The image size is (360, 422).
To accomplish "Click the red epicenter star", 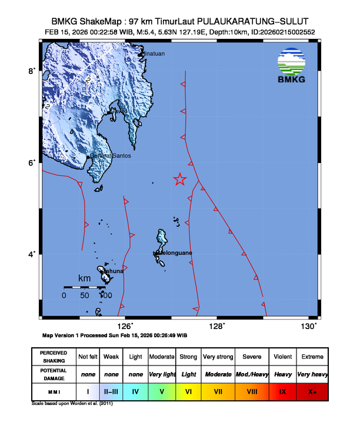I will (x=180, y=180).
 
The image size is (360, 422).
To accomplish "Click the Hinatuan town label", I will (x=154, y=54).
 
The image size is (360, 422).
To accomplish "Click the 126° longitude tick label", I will (x=125, y=326).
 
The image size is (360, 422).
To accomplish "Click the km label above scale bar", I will (x=85, y=278).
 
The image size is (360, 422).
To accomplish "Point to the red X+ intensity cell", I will (x=312, y=391).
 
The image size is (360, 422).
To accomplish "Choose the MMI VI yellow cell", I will (x=188, y=391).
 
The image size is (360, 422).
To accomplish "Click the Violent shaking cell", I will (x=283, y=357).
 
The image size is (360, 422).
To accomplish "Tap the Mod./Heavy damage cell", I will (x=252, y=374).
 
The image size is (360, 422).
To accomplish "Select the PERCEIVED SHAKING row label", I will (x=54, y=357).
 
